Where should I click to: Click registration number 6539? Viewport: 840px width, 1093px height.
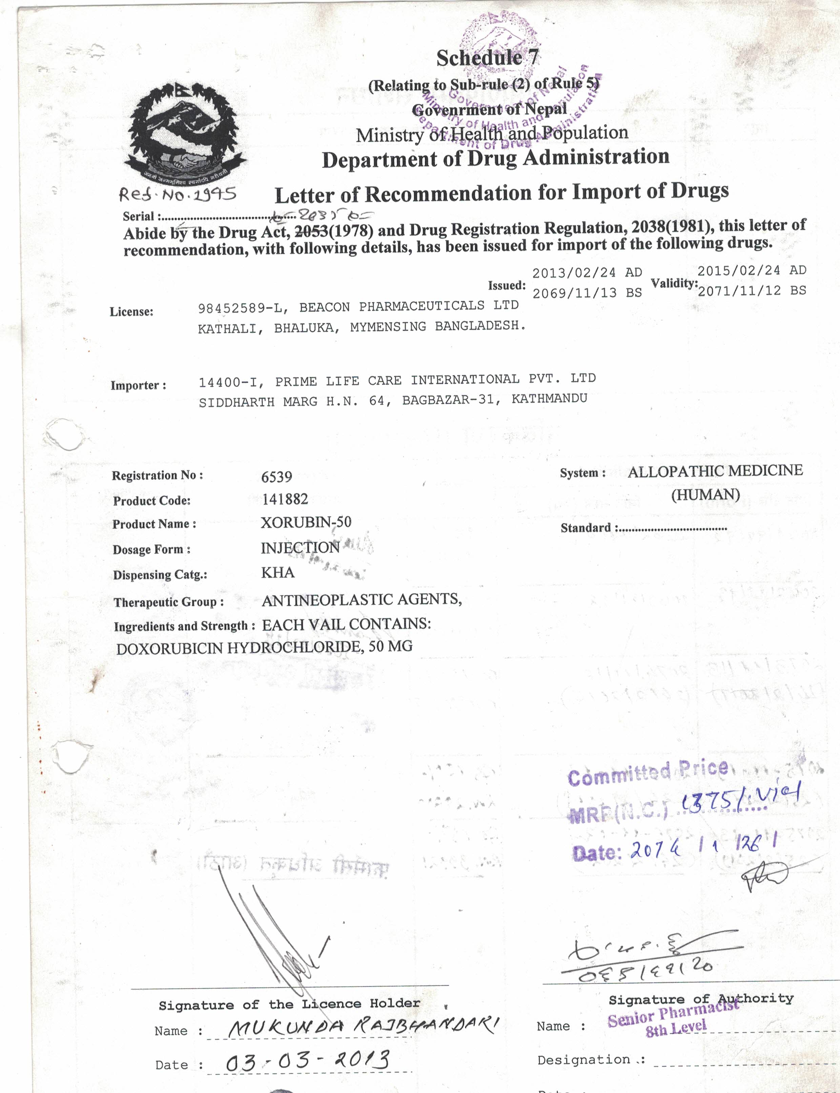coord(276,477)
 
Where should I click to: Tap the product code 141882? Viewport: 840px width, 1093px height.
coord(285,499)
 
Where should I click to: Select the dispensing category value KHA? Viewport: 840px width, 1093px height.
coord(278,572)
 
